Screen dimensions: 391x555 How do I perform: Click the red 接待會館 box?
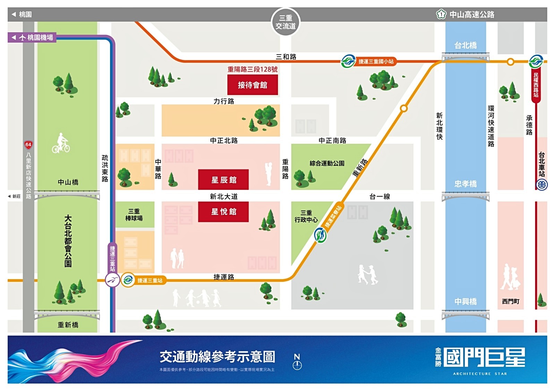point(253,85)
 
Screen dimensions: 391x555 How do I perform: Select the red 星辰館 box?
point(223,180)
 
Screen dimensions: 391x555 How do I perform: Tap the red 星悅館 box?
point(223,211)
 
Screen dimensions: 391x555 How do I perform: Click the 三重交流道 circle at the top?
point(285,22)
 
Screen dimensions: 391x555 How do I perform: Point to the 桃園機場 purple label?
point(32,37)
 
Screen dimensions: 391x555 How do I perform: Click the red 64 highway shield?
point(28,145)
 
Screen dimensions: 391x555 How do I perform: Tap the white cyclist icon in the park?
point(61,143)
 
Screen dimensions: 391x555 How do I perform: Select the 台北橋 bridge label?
point(465,45)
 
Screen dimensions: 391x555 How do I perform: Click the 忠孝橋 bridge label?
point(465,184)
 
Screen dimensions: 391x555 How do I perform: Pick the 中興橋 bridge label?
point(465,301)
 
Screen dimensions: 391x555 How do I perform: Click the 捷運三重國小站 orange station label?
point(376,62)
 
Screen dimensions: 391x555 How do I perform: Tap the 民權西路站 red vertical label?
point(536,85)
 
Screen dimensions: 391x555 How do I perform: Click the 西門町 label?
point(511,301)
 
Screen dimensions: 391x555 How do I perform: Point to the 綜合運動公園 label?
point(327,163)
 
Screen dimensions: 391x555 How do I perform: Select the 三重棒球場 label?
point(134,215)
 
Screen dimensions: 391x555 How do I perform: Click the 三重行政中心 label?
point(306,216)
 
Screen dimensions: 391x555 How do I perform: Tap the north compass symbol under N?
point(297,365)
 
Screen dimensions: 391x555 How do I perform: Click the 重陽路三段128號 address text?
point(253,69)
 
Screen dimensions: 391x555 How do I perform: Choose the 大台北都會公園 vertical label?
point(68,241)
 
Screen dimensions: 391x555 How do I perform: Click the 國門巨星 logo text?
point(484,357)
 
